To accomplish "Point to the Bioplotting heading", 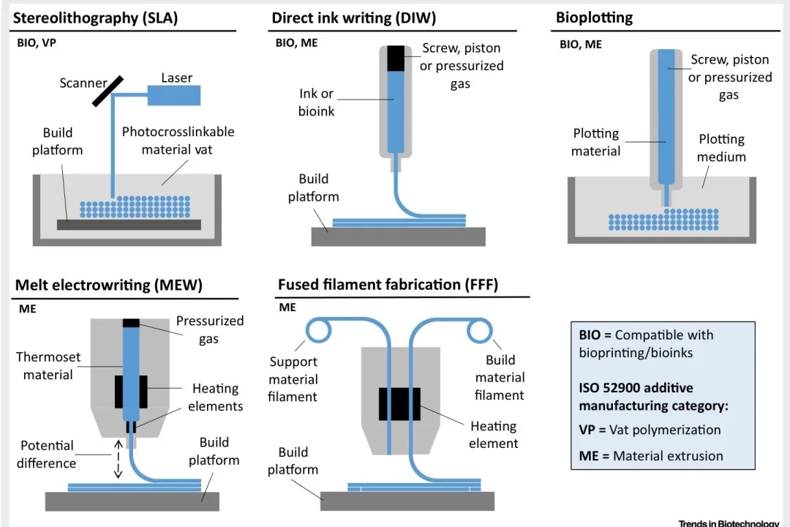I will tap(594, 18).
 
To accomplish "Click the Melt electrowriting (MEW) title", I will tap(108, 285).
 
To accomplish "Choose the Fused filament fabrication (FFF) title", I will tap(388, 285).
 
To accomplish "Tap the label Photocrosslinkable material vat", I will tap(178, 141).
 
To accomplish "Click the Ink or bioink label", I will tap(316, 102).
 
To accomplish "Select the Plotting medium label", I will tap(721, 148).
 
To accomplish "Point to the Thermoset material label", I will tap(48, 366).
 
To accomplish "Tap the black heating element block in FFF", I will tap(399, 404).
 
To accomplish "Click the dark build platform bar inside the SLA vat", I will tap(129, 225).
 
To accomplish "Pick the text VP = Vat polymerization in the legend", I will tap(650, 430).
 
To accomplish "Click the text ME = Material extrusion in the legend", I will tap(651, 456).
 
